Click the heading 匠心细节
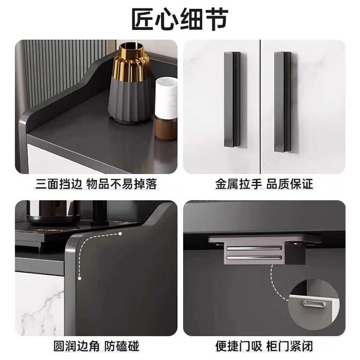(x=180, y=19)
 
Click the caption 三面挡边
(x=59, y=184)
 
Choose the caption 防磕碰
(x=122, y=346)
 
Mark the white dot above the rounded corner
(x=121, y=234)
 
